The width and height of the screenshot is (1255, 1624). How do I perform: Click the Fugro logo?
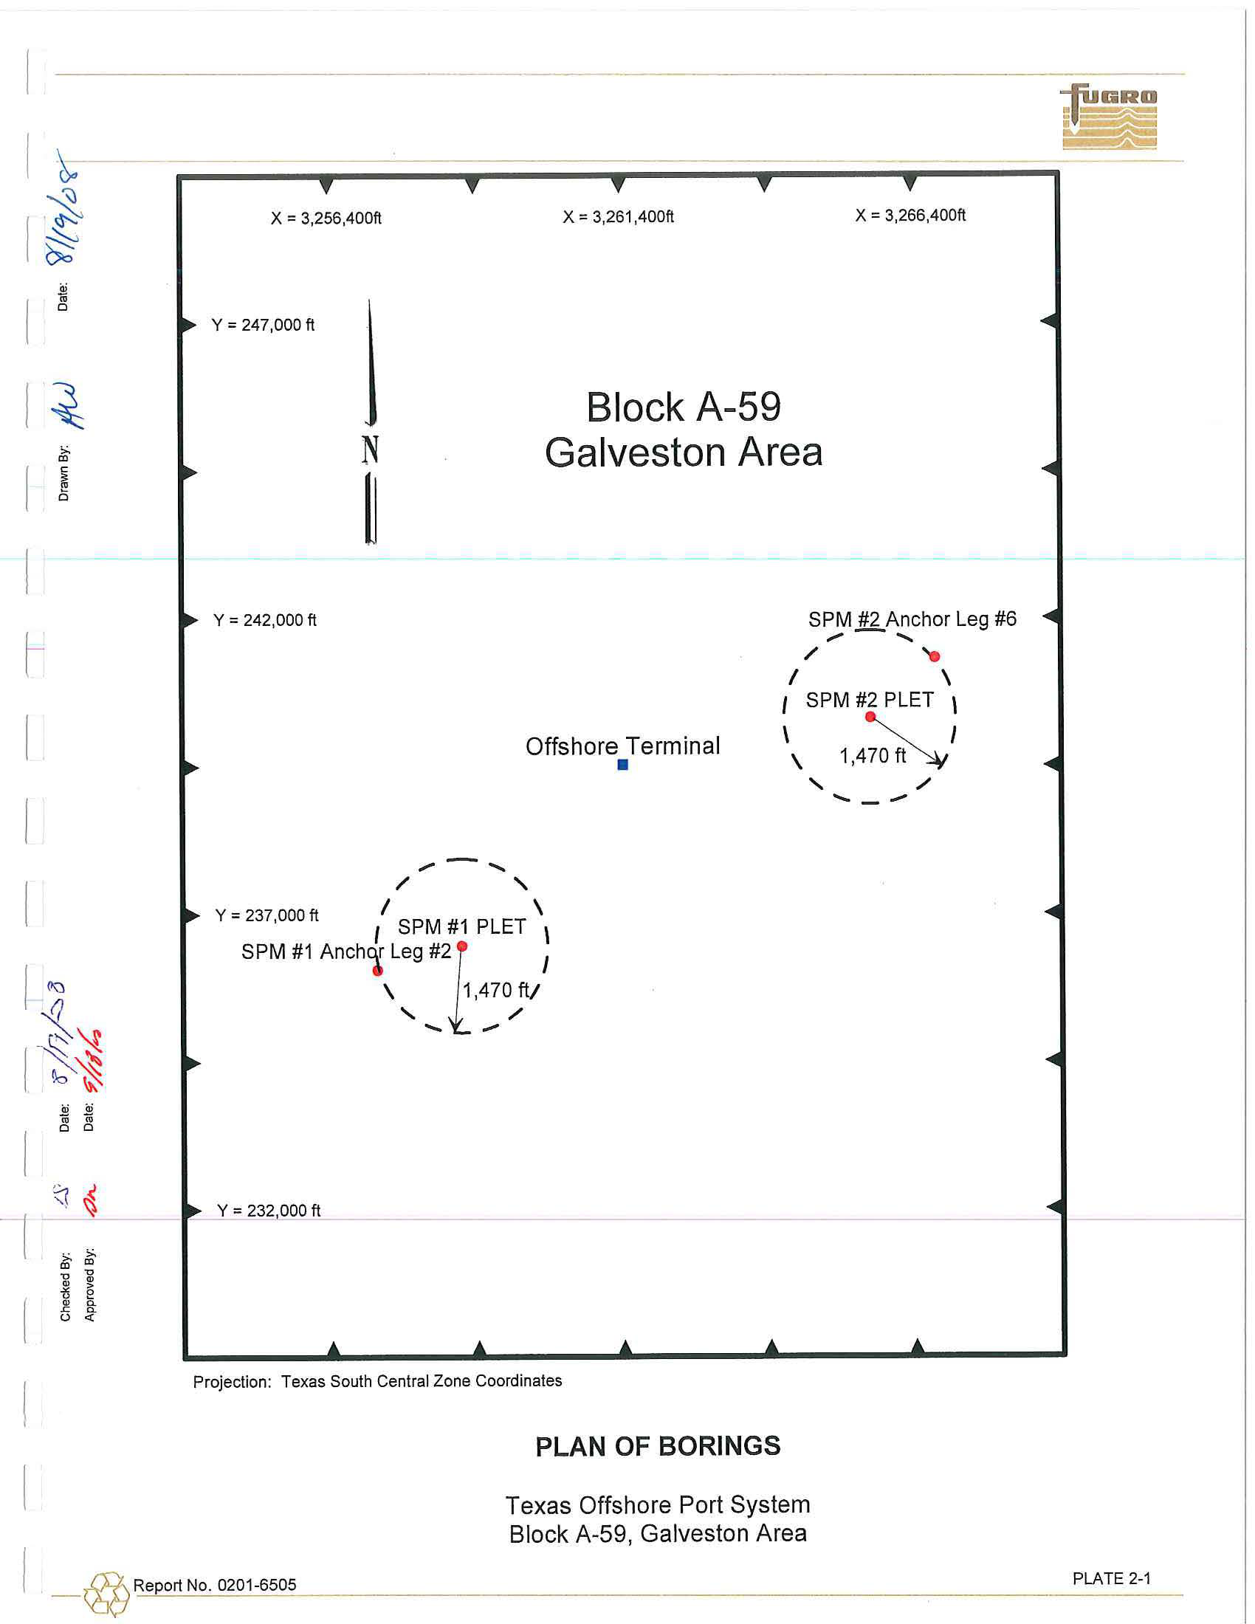(x=1108, y=117)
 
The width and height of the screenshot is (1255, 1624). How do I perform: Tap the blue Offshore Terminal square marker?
(x=623, y=765)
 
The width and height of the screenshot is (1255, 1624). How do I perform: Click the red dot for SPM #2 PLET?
(x=870, y=717)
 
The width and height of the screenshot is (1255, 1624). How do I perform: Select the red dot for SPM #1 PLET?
(x=461, y=946)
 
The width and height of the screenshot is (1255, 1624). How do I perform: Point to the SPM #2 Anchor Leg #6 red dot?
(x=935, y=656)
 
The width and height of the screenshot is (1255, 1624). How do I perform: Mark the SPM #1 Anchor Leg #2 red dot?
(x=378, y=971)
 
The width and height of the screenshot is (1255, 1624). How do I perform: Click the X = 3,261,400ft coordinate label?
(x=618, y=217)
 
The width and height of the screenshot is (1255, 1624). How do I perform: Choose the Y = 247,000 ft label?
(x=264, y=325)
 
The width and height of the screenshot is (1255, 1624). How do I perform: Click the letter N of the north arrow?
(x=371, y=450)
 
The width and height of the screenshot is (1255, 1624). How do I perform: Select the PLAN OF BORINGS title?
(x=658, y=1446)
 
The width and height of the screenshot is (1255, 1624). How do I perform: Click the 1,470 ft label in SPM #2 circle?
(x=873, y=756)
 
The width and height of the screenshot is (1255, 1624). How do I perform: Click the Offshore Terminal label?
(x=622, y=746)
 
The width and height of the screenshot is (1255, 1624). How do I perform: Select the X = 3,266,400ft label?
(x=910, y=216)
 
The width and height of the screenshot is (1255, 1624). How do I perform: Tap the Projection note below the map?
(x=377, y=1381)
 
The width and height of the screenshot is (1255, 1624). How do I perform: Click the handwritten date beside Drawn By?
(x=62, y=208)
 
